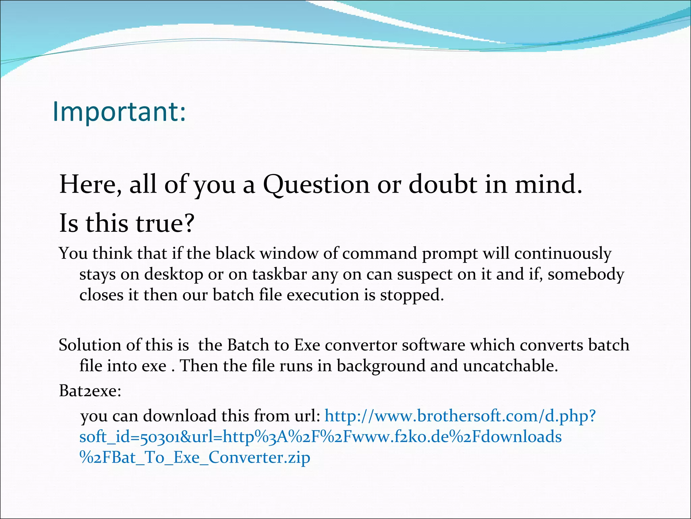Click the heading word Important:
pos(119,112)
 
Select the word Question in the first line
pos(316,185)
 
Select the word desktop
pos(173,274)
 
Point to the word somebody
pos(586,274)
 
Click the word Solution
pos(90,345)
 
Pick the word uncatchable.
pos(510,366)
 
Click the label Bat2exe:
pos(90,391)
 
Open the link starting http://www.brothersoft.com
pos(460,416)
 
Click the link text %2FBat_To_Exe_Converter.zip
pos(195,458)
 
